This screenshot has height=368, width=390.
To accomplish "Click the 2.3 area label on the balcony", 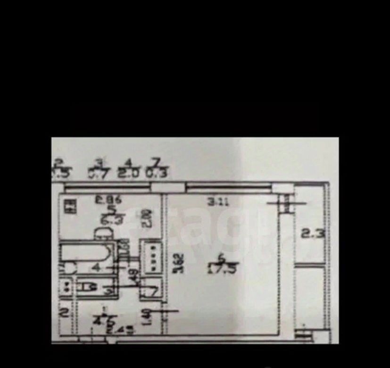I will click(x=313, y=233).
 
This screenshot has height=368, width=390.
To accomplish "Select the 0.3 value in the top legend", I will click(x=156, y=173).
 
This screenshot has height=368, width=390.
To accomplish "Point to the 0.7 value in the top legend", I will click(x=98, y=173).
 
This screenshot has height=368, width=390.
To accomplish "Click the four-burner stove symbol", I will click(x=152, y=256).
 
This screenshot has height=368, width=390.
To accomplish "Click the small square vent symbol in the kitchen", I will click(x=70, y=206).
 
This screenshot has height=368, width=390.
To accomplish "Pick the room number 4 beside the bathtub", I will click(x=96, y=269).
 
